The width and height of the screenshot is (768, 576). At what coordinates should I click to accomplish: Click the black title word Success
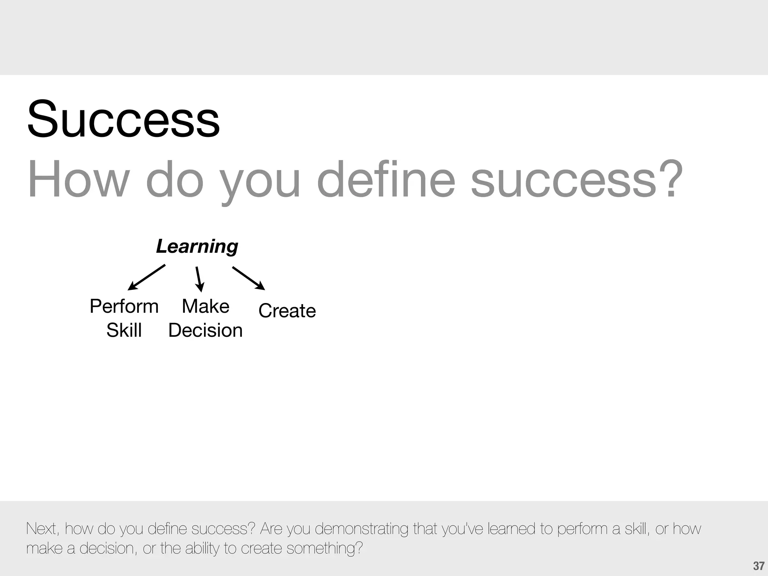point(123,119)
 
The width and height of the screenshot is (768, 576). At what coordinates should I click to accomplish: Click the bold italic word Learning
point(197,247)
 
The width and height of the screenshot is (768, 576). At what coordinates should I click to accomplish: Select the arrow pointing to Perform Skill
point(146,277)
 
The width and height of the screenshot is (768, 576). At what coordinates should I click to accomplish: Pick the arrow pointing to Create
point(249,278)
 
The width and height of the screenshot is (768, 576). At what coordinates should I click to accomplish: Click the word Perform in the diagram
point(124,306)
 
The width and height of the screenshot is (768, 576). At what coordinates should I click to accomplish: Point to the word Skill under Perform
point(124,330)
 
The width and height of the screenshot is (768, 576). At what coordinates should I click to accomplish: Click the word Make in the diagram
point(205,306)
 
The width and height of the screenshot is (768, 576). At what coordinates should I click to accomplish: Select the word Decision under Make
point(205,330)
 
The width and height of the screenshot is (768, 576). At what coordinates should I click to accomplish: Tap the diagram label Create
point(287,311)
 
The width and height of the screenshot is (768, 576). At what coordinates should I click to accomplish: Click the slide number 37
point(758,566)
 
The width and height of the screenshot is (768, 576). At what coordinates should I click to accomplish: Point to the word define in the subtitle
point(386,179)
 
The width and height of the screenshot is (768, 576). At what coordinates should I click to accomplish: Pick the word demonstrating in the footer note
point(361,529)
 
